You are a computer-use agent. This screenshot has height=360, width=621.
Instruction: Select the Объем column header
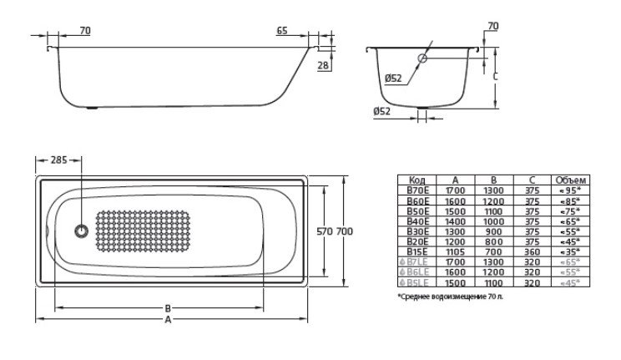coord(571,180)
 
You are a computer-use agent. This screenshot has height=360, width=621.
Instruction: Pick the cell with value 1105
coord(455,250)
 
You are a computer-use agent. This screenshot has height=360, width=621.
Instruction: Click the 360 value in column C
coord(532,250)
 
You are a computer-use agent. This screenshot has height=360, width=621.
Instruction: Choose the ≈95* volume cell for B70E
coord(571,190)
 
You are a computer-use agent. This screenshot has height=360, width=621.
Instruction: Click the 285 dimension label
coord(58,160)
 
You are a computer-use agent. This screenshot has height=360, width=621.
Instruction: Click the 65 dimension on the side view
coord(282,31)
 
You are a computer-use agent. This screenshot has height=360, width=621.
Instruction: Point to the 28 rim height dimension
coord(322,65)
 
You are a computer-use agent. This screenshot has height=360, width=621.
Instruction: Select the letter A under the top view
coord(169,319)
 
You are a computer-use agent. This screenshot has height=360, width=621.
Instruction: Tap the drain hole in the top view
coord(82,231)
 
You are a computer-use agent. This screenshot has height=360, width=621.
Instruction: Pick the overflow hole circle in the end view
coord(422,58)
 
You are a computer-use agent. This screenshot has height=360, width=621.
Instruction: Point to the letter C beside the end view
coord(496,75)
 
